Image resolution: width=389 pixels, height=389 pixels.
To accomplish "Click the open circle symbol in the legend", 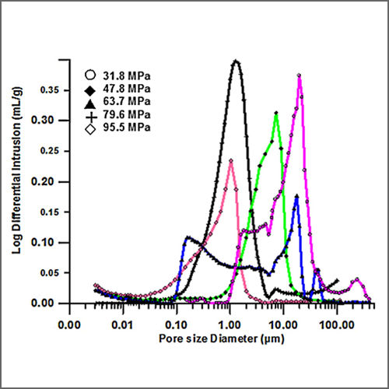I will pyautogui.click(x=90, y=75).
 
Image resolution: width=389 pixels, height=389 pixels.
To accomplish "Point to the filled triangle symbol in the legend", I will pyautogui.click(x=90, y=101).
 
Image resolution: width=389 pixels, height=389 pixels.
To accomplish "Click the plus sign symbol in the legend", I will pyautogui.click(x=90, y=114).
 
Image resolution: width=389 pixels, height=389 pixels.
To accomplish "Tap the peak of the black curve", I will pyautogui.click(x=236, y=61).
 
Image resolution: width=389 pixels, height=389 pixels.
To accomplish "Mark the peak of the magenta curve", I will pyautogui.click(x=300, y=75).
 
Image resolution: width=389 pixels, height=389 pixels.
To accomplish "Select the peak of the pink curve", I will pyautogui.click(x=230, y=160).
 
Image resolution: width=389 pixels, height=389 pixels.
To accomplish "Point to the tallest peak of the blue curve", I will pyautogui.click(x=296, y=196).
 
